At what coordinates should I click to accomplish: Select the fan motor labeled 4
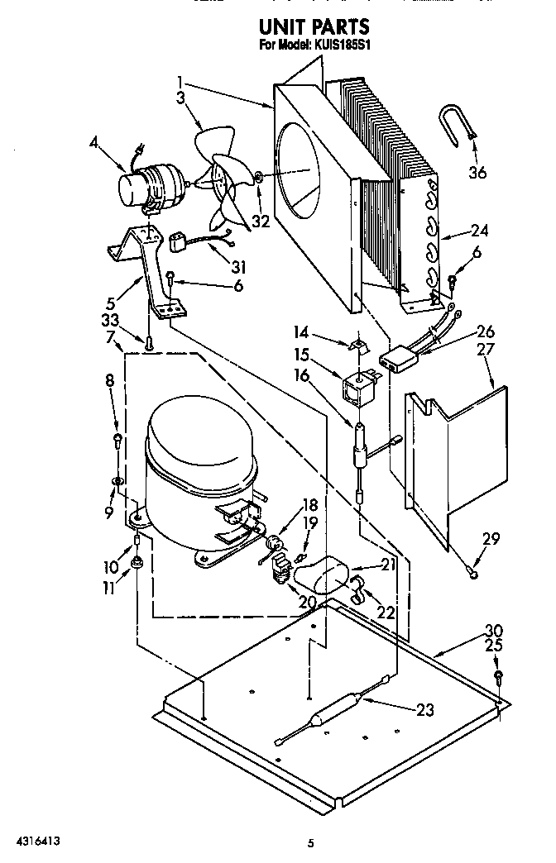tap(150, 185)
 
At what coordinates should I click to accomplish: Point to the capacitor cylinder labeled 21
tap(330, 573)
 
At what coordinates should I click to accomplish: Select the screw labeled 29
tap(472, 570)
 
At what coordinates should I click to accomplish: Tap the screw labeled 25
tap(499, 676)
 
